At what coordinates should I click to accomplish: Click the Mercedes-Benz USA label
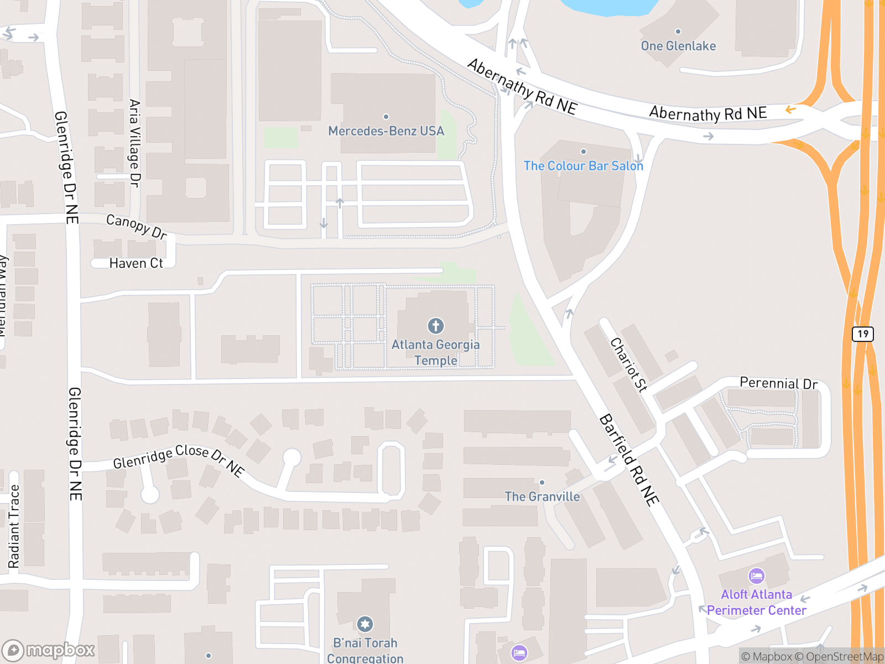(x=386, y=131)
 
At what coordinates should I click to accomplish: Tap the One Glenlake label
(x=678, y=46)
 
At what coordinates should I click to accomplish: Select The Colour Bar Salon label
(x=584, y=166)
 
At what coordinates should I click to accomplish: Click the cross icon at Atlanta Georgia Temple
(x=436, y=326)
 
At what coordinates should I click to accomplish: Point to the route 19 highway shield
(x=863, y=334)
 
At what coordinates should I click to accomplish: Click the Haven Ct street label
(x=136, y=263)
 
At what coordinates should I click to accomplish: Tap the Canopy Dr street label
(x=136, y=227)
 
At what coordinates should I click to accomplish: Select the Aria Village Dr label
(x=134, y=143)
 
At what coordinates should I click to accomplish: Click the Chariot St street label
(x=628, y=365)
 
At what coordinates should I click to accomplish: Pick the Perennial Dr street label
(x=778, y=383)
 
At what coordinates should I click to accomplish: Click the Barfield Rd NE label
(x=629, y=459)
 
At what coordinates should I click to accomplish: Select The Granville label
(x=542, y=497)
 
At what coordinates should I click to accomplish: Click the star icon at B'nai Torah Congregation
(x=365, y=624)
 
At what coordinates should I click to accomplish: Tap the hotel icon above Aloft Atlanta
(x=756, y=576)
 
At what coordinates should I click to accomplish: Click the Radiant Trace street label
(x=14, y=526)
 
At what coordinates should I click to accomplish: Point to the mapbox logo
(x=49, y=650)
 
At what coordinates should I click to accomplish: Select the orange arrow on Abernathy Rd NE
(x=791, y=110)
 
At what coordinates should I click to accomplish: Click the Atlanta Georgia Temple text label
(x=436, y=352)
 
